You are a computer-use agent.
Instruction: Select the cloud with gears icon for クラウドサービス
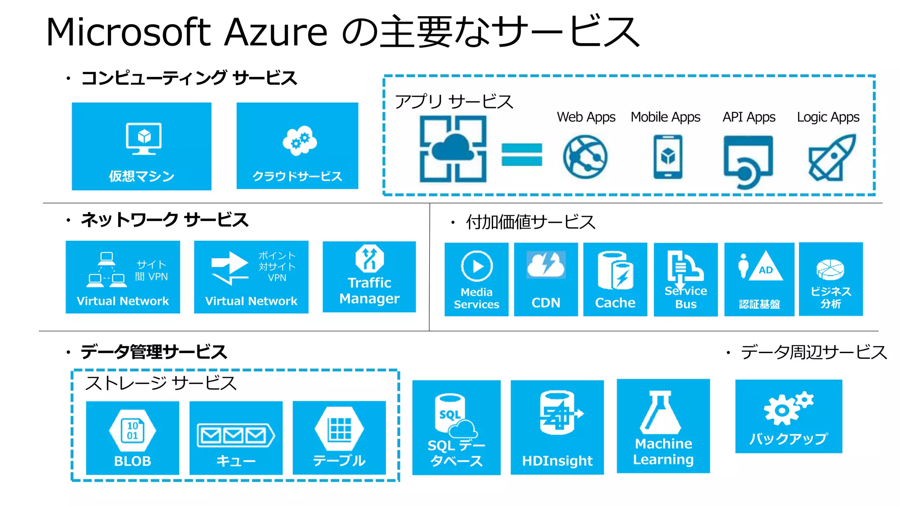(300, 141)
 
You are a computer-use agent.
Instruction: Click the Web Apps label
(586, 117)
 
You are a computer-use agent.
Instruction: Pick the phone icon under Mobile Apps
(668, 157)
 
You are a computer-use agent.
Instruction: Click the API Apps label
(749, 117)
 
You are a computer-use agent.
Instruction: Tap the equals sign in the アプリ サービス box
(522, 155)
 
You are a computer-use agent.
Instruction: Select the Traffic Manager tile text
(369, 290)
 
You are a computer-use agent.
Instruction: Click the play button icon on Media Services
(477, 266)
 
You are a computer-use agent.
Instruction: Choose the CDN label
(546, 303)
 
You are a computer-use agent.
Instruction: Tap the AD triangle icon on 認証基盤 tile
(766, 267)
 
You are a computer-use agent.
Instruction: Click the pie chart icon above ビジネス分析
(830, 269)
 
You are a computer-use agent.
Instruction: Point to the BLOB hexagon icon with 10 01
(132, 431)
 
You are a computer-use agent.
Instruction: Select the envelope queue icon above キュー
(236, 435)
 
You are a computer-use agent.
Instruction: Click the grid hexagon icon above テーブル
(340, 429)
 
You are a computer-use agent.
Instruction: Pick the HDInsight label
(557, 461)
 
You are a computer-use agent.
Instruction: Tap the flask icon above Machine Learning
(660, 412)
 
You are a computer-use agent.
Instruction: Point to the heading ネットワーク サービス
(164, 220)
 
